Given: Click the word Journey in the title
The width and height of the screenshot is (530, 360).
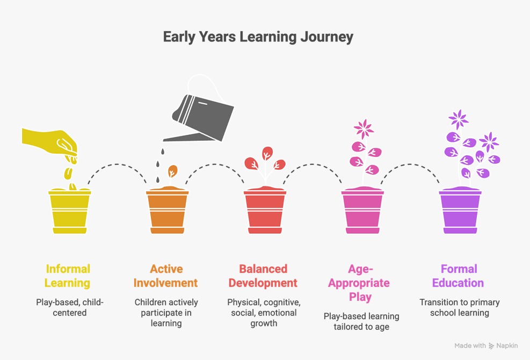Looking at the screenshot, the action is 327,37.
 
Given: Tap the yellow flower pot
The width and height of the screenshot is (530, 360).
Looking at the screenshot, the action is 70,211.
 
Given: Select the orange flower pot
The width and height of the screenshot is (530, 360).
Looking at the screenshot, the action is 168,211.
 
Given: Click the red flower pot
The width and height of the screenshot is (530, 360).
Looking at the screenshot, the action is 265,211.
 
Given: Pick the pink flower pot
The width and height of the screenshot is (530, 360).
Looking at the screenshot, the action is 362,211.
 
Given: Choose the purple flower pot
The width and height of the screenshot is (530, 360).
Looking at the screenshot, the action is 460,211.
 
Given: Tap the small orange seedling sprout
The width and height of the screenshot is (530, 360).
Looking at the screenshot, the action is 172,171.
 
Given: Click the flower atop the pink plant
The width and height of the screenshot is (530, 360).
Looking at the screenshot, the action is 364,128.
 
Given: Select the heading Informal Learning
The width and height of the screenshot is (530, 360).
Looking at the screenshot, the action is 68,276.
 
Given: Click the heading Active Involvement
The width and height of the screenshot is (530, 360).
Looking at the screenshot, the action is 165,276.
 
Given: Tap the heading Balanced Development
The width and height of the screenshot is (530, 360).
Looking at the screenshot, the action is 263,276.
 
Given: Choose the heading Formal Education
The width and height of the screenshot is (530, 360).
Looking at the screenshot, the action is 458,276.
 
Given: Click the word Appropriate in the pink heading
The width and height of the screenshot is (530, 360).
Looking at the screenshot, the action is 359,283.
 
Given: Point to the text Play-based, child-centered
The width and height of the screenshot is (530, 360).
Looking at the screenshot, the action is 70,307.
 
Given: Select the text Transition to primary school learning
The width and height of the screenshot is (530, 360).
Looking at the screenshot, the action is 460,307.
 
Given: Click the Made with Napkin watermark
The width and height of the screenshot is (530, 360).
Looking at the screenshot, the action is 486,345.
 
